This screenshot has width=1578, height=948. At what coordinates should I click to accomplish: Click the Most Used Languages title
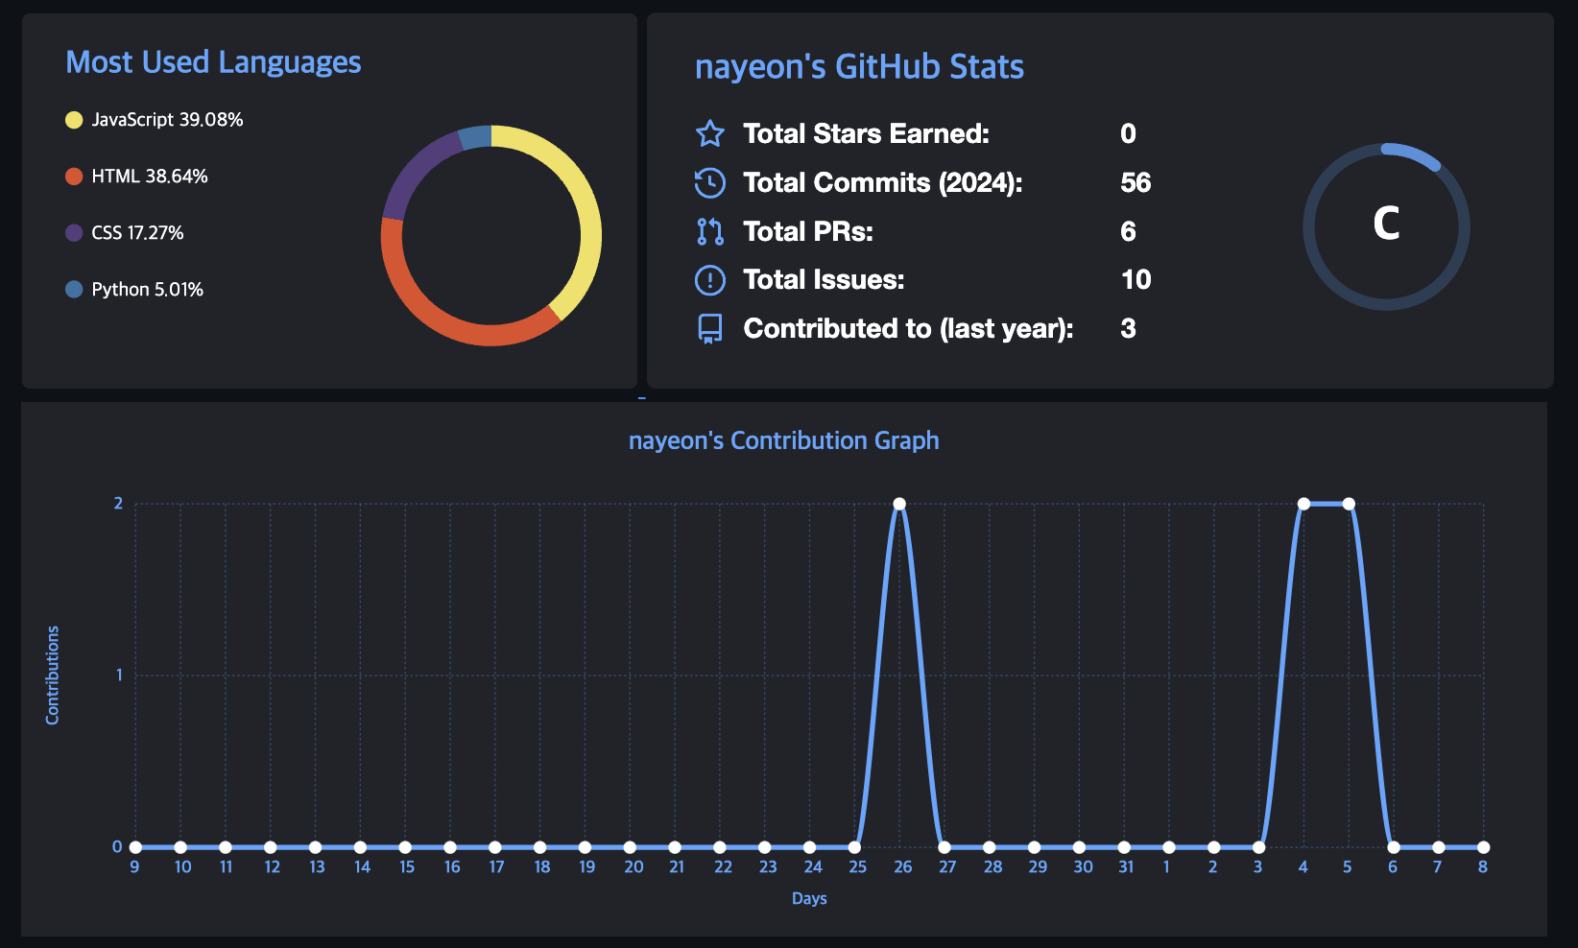(213, 62)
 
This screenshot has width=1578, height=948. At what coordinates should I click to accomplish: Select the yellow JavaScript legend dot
(74, 120)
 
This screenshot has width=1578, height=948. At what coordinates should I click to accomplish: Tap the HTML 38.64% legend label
(149, 177)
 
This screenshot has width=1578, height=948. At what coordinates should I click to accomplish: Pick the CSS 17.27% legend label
(137, 233)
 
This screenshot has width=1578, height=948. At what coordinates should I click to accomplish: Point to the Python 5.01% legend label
(147, 290)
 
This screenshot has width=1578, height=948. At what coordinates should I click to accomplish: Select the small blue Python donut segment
(475, 137)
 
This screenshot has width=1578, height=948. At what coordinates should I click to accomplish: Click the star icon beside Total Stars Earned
(709, 133)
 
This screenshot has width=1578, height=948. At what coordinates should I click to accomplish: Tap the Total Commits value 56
(1136, 182)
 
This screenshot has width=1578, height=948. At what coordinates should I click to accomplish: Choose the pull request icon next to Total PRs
(709, 231)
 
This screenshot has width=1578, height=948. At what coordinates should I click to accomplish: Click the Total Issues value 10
(1136, 279)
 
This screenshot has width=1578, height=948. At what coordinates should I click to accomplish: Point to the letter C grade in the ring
(1386, 225)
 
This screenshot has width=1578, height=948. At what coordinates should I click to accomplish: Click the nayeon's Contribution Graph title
(783, 440)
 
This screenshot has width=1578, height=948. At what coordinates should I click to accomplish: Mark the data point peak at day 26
(899, 504)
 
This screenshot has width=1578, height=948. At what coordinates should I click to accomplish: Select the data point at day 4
(1303, 504)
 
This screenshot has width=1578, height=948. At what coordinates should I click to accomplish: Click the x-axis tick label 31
(1125, 867)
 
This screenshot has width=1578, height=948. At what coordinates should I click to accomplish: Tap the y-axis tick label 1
(119, 675)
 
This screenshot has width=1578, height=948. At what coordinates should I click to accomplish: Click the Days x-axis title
(809, 899)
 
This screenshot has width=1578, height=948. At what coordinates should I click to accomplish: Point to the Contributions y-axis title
(53, 675)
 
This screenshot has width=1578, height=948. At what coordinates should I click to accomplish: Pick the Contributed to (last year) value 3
(1128, 328)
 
